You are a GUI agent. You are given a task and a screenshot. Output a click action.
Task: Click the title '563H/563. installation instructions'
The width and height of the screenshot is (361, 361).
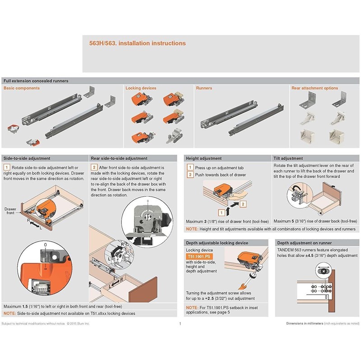click(137, 44)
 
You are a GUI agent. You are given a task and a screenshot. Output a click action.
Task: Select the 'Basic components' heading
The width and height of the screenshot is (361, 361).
click(22, 88)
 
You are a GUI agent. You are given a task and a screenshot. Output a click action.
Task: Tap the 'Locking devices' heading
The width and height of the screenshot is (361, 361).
click(141, 88)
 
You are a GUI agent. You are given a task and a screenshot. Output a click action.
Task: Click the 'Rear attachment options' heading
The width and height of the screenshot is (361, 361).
click(315, 88)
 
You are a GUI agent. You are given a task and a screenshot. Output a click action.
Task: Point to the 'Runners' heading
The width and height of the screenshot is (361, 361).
click(204, 88)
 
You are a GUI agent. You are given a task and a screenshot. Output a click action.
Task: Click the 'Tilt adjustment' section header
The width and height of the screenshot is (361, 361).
click(288, 158)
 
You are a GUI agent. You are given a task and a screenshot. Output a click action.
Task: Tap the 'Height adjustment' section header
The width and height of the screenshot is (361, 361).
click(204, 158)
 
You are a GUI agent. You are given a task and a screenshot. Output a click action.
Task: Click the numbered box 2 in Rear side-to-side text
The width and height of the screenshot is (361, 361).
click(94, 167)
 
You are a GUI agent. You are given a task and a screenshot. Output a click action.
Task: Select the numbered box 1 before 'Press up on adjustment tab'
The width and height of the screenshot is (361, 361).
click(191, 167)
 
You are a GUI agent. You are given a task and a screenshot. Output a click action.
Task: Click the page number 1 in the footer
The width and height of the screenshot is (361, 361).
click(180, 324)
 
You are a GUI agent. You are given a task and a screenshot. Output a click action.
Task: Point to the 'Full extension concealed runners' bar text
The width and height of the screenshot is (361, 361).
click(36, 81)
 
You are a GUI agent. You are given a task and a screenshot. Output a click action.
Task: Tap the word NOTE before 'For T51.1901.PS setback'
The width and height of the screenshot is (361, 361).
click(192, 308)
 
